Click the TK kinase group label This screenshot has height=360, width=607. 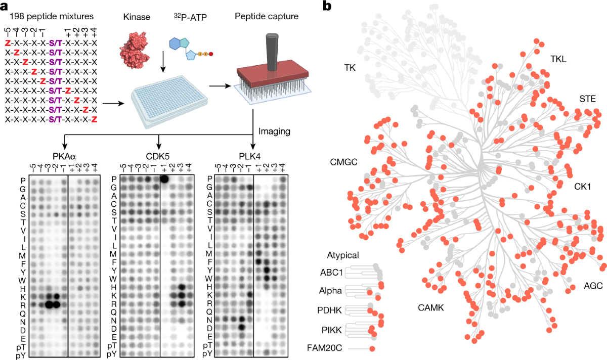[350, 68]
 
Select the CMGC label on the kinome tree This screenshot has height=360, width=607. [343, 162]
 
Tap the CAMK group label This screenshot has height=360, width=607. [431, 308]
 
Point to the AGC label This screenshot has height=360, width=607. [593, 286]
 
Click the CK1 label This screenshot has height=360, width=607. [582, 187]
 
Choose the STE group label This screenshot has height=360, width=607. [587, 99]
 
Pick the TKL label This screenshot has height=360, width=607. [558, 59]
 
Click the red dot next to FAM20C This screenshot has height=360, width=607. [372, 349]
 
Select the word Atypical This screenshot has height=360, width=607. [343, 255]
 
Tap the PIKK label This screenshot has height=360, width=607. [332, 330]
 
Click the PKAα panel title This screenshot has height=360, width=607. [64, 157]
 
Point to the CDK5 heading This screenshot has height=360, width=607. [157, 157]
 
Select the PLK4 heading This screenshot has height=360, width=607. [249, 157]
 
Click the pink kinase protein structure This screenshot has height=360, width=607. [135, 50]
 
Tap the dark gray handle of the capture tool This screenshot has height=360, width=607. [272, 52]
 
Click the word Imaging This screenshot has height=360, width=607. [274, 131]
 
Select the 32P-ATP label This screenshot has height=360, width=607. [190, 17]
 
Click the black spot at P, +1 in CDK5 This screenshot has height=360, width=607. [164, 179]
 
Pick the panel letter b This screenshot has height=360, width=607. [327, 6]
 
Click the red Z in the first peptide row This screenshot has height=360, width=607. [8, 43]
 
